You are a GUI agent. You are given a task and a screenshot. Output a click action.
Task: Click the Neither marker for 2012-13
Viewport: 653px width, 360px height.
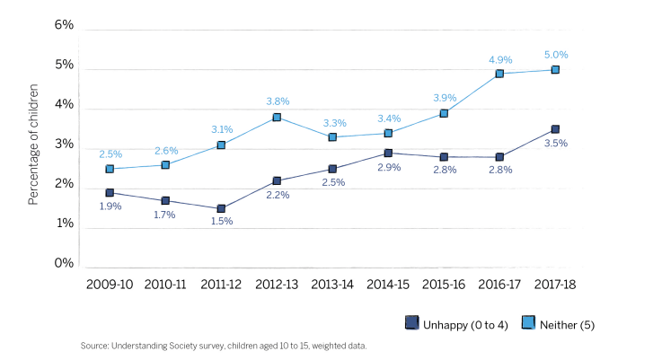(x=277, y=118)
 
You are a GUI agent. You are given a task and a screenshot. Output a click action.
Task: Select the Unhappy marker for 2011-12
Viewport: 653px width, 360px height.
(x=221, y=208)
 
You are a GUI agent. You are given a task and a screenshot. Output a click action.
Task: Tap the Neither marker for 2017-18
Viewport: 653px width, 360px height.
(x=555, y=70)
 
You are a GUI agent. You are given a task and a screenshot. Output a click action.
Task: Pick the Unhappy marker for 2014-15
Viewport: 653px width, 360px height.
(x=388, y=154)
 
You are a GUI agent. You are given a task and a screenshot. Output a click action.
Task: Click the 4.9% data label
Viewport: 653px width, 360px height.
(x=500, y=59)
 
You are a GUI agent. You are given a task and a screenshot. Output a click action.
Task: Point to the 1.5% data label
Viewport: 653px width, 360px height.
(x=221, y=223)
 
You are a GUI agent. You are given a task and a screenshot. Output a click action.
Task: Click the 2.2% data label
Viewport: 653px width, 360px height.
(x=277, y=195)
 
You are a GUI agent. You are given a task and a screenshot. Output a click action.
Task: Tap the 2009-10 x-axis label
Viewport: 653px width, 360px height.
(x=110, y=284)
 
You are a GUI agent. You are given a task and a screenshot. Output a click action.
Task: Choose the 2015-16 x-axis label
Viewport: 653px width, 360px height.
(x=444, y=284)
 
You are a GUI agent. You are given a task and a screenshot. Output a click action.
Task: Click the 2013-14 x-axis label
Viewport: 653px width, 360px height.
(x=332, y=284)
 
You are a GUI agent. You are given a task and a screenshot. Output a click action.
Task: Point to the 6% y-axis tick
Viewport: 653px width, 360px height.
(x=64, y=26)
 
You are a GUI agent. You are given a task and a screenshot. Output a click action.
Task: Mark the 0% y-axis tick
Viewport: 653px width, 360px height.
(x=64, y=264)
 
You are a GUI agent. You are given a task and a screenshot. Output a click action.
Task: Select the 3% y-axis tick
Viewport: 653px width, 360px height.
(x=64, y=145)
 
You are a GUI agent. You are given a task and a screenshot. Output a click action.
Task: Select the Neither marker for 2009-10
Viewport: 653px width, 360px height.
(x=110, y=169)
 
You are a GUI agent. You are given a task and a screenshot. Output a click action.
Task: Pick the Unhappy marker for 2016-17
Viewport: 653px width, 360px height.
(x=499, y=157)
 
